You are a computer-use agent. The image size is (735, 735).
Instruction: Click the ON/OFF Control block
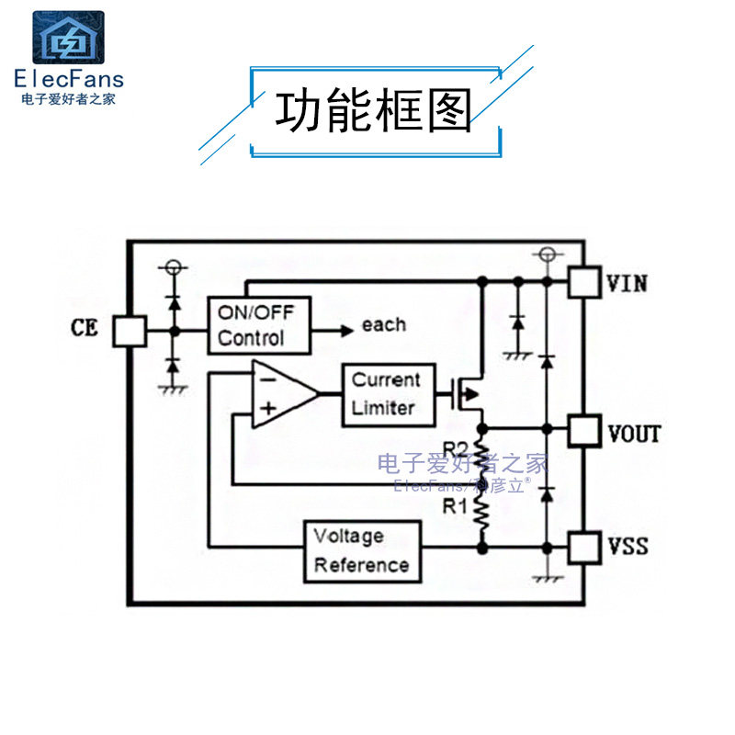[x=259, y=324]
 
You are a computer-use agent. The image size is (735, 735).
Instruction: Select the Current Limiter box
[x=387, y=394]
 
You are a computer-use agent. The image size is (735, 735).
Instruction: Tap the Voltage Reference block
[x=362, y=550]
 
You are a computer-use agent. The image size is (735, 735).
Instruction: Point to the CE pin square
[x=130, y=331]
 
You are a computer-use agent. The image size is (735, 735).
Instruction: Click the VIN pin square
[x=584, y=282]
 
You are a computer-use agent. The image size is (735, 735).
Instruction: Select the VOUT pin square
[x=584, y=430]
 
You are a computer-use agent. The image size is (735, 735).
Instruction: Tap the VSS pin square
[x=584, y=547]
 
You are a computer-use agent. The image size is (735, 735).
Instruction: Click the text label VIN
[x=628, y=283]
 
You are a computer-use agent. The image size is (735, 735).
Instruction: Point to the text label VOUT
[x=634, y=432]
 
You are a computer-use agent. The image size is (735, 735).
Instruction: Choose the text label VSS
[x=628, y=547]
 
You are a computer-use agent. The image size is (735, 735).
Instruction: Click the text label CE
[x=85, y=327]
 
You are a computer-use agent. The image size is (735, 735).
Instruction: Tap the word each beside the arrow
[x=383, y=324]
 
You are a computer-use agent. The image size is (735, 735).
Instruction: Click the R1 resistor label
[x=457, y=506]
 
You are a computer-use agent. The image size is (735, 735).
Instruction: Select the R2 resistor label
[x=457, y=449]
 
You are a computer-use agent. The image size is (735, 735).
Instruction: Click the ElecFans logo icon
[x=69, y=39]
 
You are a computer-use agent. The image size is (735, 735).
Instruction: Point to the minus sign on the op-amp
[x=266, y=378]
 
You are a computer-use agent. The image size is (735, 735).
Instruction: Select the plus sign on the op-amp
[x=266, y=411]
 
